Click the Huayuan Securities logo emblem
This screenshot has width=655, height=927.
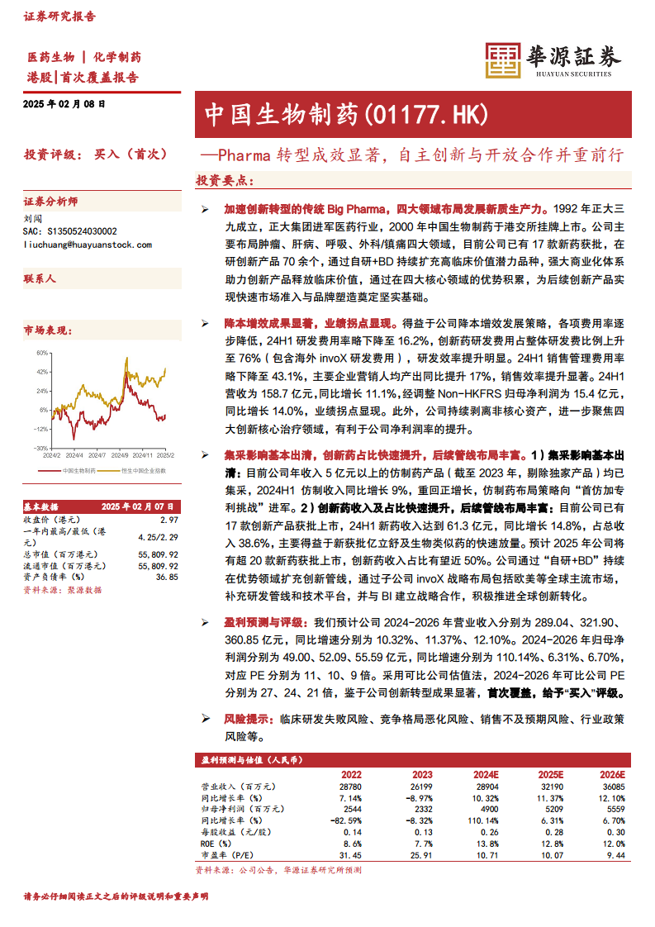point(501,60)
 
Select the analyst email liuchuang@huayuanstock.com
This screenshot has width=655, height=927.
point(87,245)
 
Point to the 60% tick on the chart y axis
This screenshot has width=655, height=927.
point(41,352)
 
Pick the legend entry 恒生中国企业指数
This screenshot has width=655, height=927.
point(143,470)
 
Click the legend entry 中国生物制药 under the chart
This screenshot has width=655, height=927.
point(80,470)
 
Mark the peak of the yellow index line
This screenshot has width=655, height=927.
point(165,368)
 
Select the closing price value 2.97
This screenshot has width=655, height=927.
point(168,520)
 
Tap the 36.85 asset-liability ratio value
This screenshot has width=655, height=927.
point(167,576)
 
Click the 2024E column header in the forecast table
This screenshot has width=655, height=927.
point(487,775)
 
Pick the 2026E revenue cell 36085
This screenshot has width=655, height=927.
point(612,787)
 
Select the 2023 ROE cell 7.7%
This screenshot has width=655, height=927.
point(421,843)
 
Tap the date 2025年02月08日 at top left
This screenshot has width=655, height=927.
point(64,104)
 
